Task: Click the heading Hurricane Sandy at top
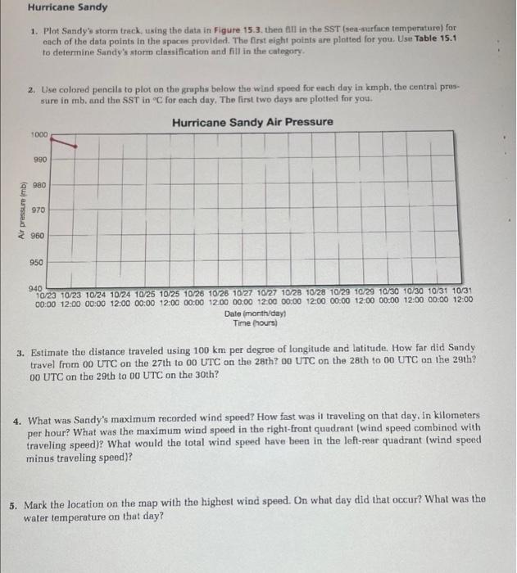tap(67, 7)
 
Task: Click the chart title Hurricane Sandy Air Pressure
tap(252, 122)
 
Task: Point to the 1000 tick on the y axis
tap(39, 134)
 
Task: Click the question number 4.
tap(17, 417)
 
